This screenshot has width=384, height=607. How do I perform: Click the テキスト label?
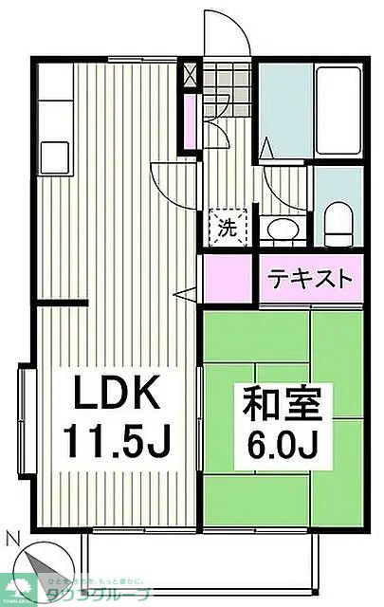311,280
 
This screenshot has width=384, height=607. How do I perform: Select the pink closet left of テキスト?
228,278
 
